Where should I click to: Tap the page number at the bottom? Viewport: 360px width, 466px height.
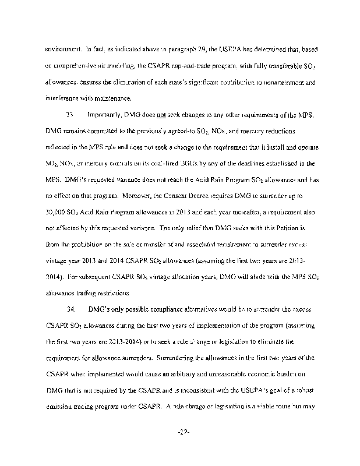point(180,432)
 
